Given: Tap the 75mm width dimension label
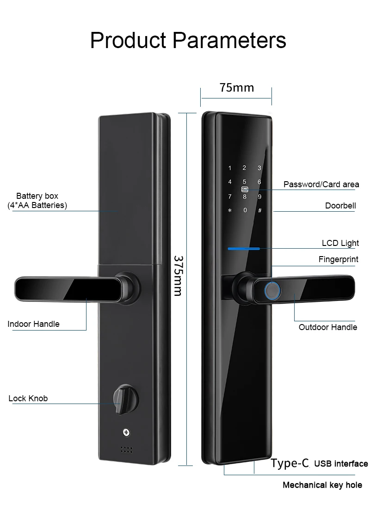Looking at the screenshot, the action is [x=237, y=88].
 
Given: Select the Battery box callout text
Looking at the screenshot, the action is [x=37, y=201].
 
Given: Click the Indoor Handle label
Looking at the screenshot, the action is [x=33, y=324].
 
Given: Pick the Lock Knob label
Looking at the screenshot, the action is [x=28, y=398].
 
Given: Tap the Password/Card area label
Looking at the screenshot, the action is [x=321, y=184].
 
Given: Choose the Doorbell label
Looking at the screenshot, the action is [x=340, y=206].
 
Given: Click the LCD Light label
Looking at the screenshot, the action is [x=340, y=243].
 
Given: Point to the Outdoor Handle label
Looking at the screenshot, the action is [x=328, y=327].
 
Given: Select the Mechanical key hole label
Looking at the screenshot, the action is [x=322, y=485].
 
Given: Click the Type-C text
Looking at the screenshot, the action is [x=290, y=463].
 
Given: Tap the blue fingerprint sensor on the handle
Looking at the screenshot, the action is [x=272, y=291].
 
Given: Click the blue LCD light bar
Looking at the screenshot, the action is [x=243, y=248].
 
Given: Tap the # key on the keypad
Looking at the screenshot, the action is [x=259, y=211].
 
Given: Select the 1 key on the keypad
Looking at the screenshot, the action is [x=230, y=168].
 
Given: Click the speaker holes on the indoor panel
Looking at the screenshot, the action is [x=126, y=449].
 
